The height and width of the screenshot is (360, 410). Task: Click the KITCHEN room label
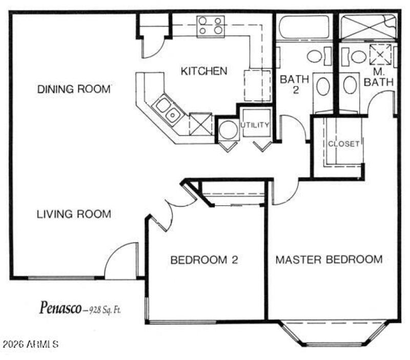pyautogui.click(x=203, y=71)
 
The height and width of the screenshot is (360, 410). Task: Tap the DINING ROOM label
pyautogui.click(x=74, y=89)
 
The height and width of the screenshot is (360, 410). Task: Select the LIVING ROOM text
pyautogui.click(x=74, y=214)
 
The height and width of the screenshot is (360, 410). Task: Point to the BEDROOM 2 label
pyautogui.click(x=204, y=260)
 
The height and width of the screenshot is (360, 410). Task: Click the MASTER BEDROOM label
pyautogui.click(x=329, y=260)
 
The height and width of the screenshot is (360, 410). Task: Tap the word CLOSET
pyautogui.click(x=343, y=144)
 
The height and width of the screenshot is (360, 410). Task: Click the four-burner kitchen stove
pyautogui.click(x=211, y=26)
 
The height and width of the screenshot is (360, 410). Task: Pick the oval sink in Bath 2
pyautogui.click(x=323, y=87)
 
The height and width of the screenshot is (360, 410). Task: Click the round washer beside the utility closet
pyautogui.click(x=228, y=130)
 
